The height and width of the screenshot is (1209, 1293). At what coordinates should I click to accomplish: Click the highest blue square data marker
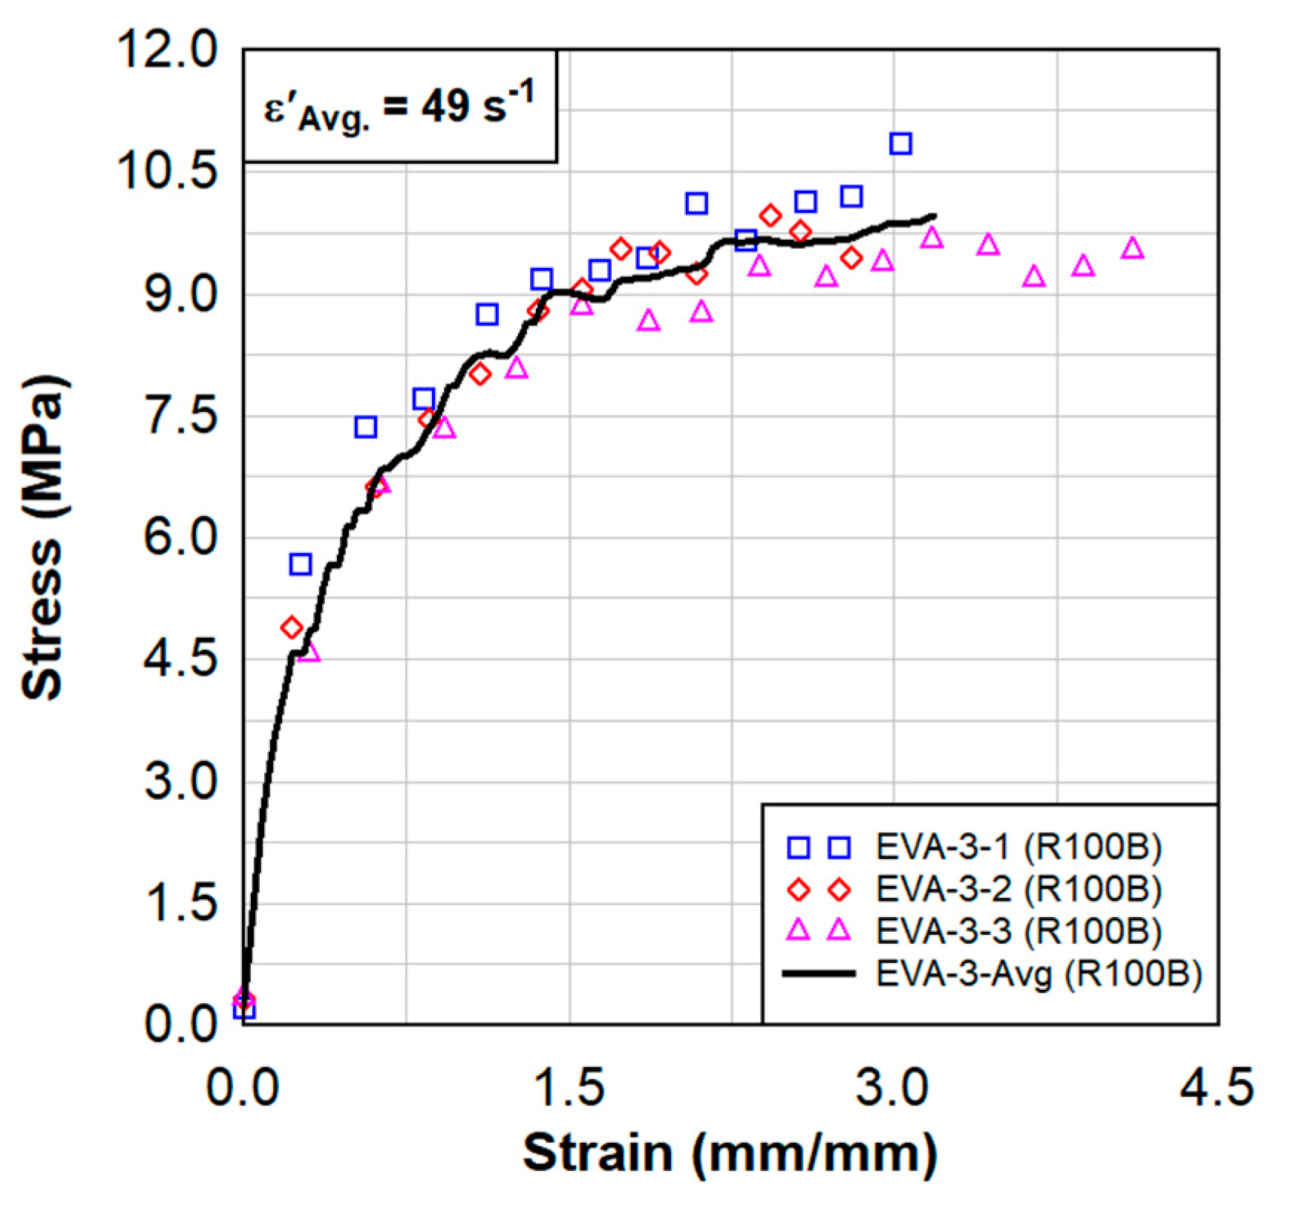900,143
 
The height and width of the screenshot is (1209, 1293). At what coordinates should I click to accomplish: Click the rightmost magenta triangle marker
1133,248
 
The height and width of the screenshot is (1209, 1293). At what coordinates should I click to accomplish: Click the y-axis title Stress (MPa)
43,538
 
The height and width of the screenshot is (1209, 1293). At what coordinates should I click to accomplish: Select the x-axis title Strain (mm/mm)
730,1153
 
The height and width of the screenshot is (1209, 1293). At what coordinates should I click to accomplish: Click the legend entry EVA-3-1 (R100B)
1018,847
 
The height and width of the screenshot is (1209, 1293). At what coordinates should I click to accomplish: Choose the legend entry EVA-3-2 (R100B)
1018,888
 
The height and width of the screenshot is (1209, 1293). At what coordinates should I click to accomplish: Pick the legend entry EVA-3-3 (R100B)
1018,931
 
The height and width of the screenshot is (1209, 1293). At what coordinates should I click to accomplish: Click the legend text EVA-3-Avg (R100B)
1038,973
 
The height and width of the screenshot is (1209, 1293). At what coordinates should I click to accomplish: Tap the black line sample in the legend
819,973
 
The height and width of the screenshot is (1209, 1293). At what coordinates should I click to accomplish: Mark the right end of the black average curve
934,216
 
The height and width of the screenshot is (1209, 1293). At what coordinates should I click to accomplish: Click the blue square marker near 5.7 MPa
300,564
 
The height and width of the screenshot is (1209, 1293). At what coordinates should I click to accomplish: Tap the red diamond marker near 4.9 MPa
292,628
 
